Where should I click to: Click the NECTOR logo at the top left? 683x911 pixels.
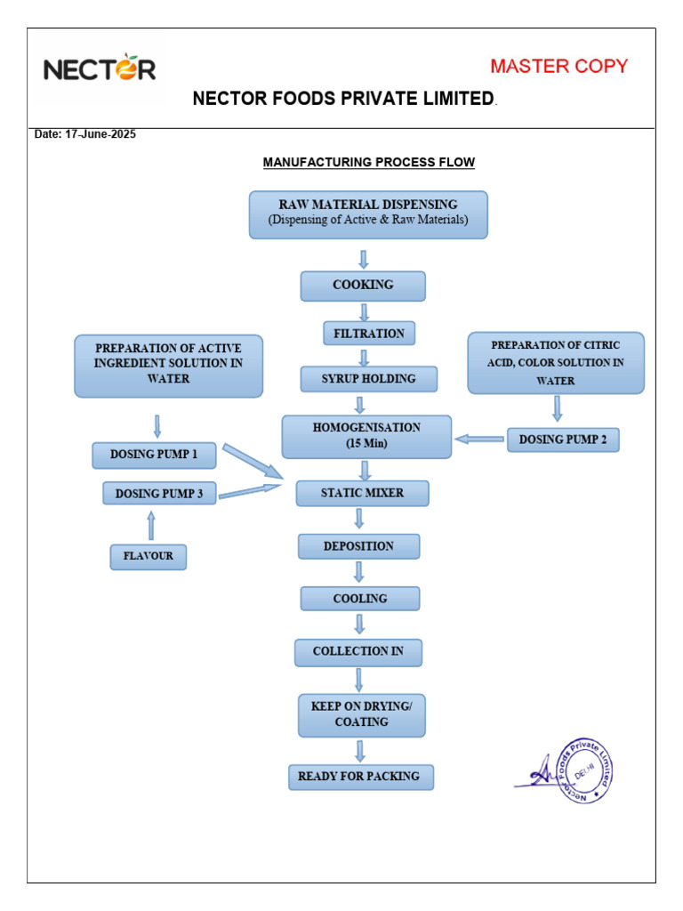point(100,69)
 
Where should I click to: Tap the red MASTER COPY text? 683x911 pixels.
point(558,66)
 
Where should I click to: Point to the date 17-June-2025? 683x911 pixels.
point(85,134)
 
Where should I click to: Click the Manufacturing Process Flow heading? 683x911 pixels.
point(368,162)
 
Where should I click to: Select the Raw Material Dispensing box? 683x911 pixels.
point(368,214)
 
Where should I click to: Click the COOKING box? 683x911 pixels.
point(363,286)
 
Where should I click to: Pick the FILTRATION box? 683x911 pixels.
point(368,334)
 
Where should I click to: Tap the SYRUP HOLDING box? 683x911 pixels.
point(368,379)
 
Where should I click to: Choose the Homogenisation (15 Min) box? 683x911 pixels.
point(366,436)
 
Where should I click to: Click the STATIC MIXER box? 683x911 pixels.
point(362,493)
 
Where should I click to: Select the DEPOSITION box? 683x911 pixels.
point(358,546)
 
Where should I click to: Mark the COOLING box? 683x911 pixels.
point(360,599)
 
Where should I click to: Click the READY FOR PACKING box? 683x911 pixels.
point(358,777)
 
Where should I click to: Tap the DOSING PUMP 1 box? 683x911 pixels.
point(155,455)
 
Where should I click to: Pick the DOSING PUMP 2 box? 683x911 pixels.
point(563,439)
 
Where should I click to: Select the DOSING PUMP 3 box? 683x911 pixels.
point(159,493)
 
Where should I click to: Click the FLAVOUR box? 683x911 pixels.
point(149,558)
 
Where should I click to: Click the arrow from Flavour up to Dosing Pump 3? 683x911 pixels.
point(150,526)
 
